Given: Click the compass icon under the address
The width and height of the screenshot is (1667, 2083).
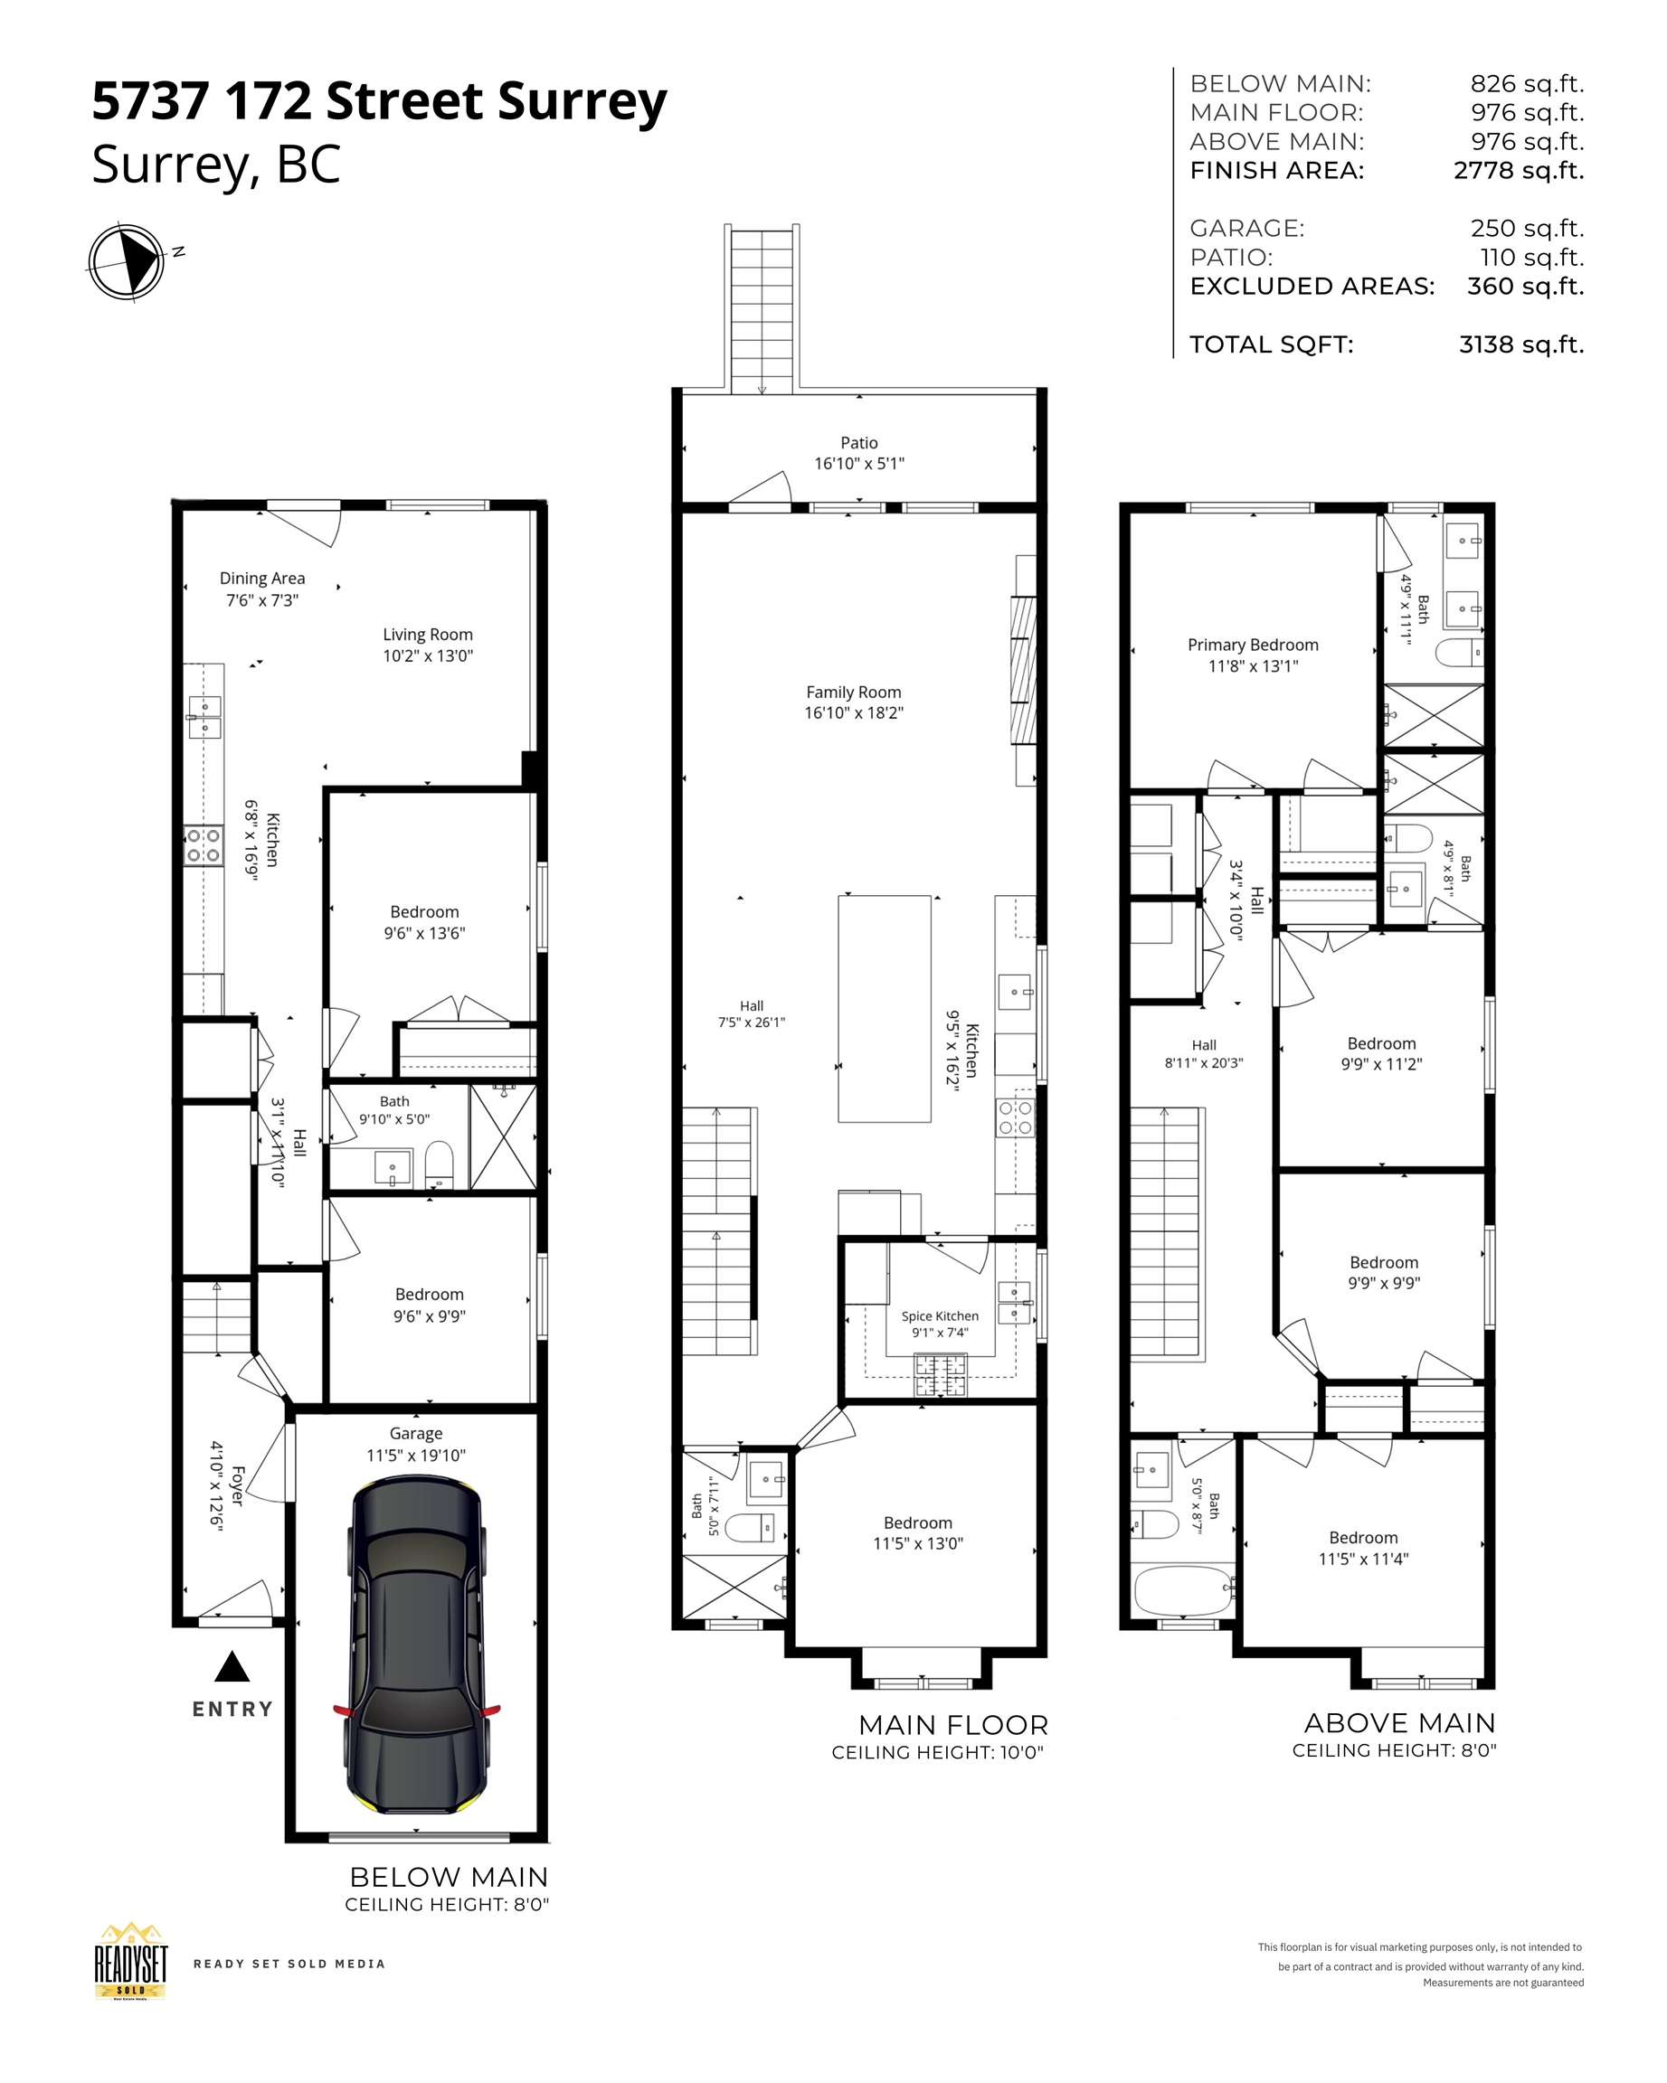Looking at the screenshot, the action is coord(126,262).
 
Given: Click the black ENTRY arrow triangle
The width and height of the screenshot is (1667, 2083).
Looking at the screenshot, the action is coord(232,1666).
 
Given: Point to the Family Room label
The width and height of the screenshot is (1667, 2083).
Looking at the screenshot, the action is coord(853,692).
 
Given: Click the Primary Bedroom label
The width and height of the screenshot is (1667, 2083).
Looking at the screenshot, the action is coord(1253,645).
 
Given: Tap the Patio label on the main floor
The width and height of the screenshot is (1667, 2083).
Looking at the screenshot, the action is coord(859,442).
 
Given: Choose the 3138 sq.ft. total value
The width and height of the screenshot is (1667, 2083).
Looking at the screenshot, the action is coord(1521,345).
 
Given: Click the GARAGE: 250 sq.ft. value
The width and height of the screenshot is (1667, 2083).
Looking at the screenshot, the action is coord(1527,229).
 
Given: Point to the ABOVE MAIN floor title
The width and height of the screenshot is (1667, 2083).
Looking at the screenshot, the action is coord(1399,1722).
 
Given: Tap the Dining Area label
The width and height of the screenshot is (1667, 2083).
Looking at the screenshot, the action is coord(262,578).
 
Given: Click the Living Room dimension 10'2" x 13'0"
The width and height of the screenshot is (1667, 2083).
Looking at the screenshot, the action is coord(427,656).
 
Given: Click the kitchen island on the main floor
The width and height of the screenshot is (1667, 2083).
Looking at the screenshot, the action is coord(885,1009).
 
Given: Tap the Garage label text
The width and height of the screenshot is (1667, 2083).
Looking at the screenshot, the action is coord(415,1434).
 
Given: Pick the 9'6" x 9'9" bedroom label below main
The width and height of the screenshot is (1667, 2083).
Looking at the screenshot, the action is coord(429,1315).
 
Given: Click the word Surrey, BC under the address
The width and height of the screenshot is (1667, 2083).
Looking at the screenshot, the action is coord(215,165).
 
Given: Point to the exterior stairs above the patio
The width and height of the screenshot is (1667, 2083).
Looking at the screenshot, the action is coord(762,309).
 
